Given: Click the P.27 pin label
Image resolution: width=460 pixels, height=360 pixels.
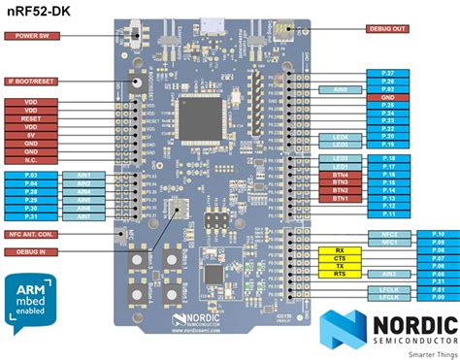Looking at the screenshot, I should tap(387, 74).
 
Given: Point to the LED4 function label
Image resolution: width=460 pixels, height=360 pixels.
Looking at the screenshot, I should tap(340, 137).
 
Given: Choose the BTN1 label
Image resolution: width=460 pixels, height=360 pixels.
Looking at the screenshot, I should tap(340, 199).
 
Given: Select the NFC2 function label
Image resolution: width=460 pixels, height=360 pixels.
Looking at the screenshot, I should tap(379, 234).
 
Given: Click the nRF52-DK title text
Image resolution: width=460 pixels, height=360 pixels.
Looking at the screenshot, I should tap(34, 11).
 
